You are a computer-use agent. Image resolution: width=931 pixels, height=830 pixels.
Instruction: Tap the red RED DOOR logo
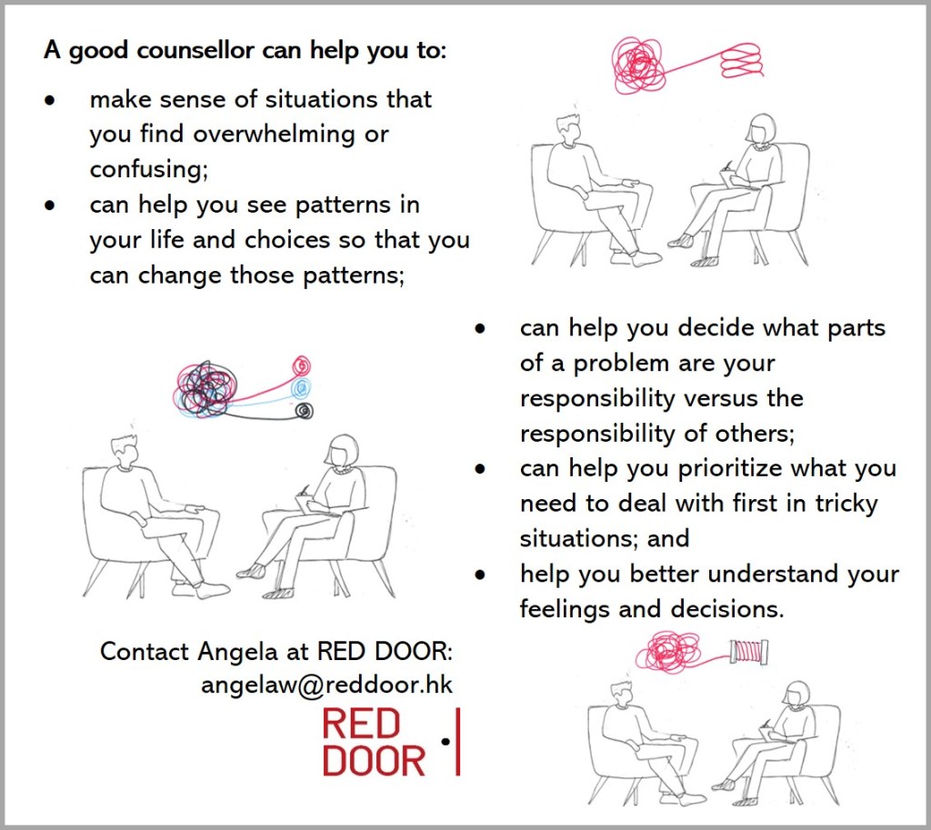(374, 743)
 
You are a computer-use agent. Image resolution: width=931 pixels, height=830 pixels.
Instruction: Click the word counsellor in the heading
(195, 50)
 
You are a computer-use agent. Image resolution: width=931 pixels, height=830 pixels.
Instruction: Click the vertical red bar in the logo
(457, 742)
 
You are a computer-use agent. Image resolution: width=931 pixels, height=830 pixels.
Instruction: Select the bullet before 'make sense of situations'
(51, 99)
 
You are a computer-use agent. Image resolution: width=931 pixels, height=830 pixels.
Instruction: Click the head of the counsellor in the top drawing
(760, 129)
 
